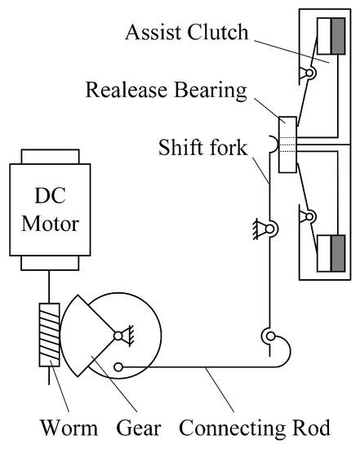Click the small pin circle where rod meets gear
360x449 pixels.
[121, 367]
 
